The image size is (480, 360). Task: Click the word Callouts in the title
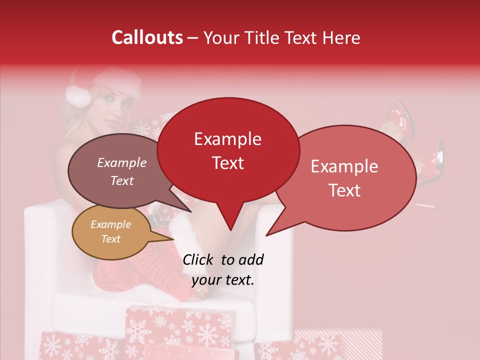tap(147, 37)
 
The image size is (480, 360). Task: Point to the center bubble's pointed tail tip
tap(230, 229)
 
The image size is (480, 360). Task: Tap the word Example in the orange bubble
tap(110, 224)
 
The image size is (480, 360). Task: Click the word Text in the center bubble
tap(228, 162)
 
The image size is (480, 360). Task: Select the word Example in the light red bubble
tap(344, 166)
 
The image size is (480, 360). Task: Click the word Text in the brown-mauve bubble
tap(122, 180)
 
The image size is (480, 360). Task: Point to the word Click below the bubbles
tap(199, 259)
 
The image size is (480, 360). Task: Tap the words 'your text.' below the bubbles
tap(223, 280)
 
